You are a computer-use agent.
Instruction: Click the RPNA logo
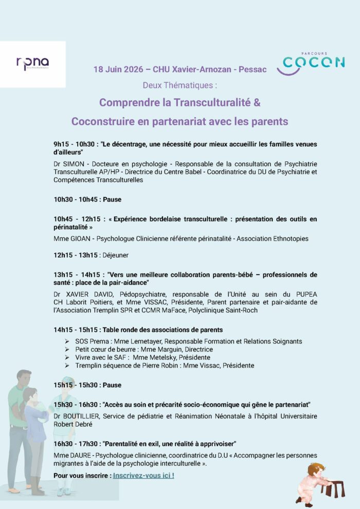tap(32, 64)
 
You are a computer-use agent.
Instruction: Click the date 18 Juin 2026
tap(116, 69)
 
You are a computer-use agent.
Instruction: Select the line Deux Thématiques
tap(180, 85)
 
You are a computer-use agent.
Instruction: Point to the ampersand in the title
tap(257, 102)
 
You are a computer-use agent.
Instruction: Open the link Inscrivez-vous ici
tap(143, 476)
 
